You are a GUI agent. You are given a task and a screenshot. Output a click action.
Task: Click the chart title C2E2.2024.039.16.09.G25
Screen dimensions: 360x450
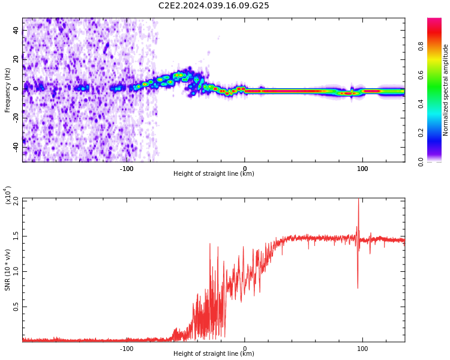coord(214,5)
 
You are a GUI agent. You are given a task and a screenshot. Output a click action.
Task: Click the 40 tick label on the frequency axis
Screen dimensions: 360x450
coord(16,30)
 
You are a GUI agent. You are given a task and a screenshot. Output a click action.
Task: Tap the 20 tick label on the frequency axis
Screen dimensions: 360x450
coord(16,59)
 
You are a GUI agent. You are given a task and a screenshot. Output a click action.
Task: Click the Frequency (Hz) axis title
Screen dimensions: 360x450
coord(8,90)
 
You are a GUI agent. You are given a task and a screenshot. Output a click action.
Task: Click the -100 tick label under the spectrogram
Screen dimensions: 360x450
coord(127,169)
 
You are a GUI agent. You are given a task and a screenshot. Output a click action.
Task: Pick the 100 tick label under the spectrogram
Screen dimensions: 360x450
coord(362,169)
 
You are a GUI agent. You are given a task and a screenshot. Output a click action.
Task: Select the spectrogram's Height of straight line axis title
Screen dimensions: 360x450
coord(214,174)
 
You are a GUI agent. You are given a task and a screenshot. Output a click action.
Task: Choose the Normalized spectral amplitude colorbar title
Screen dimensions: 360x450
coord(446,90)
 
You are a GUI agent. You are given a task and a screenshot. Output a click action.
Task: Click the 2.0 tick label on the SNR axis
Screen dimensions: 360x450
coord(16,200)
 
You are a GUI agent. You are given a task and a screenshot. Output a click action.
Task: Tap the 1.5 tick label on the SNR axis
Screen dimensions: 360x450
coord(16,236)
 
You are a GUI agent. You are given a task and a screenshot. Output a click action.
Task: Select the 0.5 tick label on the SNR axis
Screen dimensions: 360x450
coord(16,307)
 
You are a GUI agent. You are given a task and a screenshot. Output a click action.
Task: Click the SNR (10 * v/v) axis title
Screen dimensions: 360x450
coord(8,270)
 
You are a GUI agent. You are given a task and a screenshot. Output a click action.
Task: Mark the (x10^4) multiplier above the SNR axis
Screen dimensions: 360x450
coord(8,195)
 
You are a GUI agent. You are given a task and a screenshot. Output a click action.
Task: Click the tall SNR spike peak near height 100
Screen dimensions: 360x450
coord(359,200)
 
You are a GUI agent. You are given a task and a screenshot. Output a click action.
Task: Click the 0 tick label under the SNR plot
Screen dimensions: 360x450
coord(244,349)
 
